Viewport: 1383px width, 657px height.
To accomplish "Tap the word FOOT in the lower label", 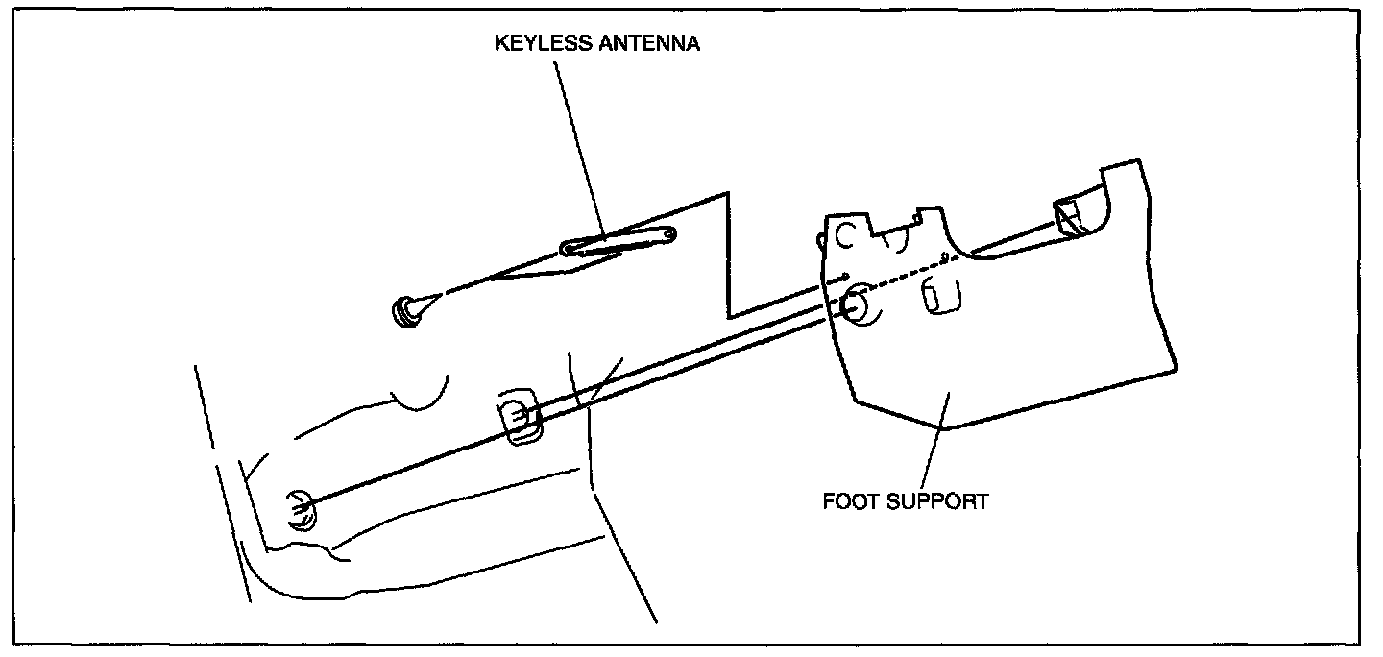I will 848,501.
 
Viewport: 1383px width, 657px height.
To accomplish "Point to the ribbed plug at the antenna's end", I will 408,311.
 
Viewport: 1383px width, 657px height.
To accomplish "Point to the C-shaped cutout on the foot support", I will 844,233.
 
